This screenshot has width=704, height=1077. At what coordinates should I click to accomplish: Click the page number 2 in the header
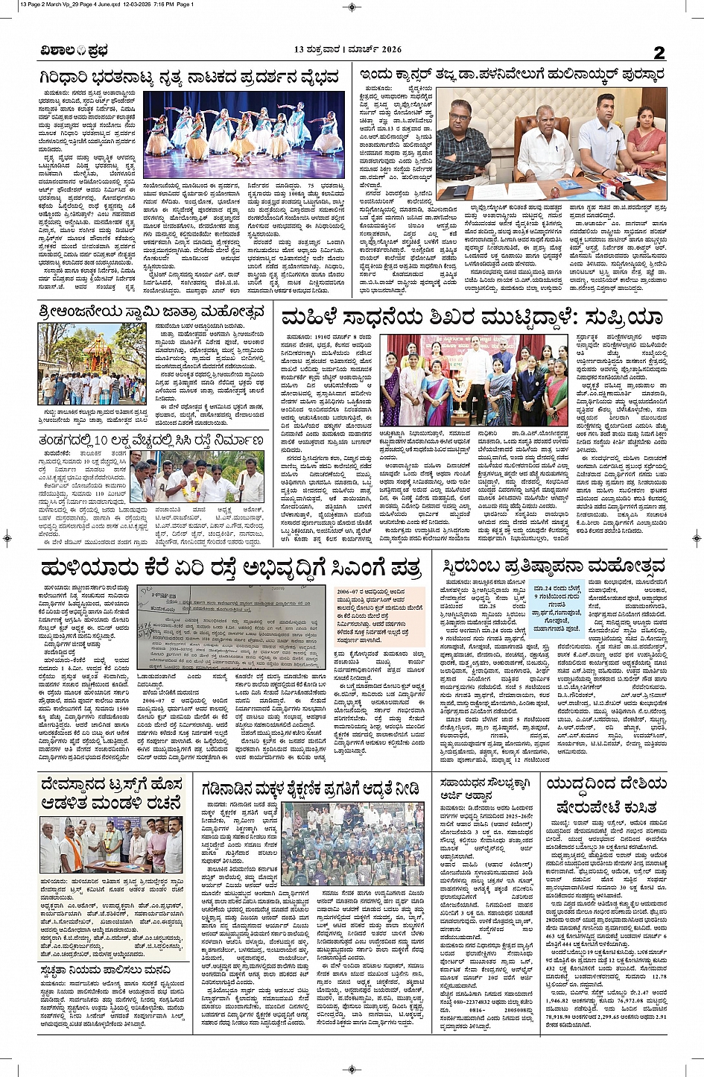tap(659, 52)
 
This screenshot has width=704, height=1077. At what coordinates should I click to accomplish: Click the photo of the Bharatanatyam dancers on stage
tap(244, 134)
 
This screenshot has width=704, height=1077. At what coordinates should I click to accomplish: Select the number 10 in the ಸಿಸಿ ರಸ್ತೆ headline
tap(102, 441)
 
